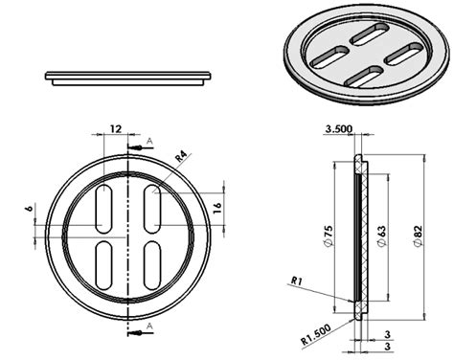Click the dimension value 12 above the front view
click(115, 128)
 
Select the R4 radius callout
click(181, 154)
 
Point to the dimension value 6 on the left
click(29, 207)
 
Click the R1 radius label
click(297, 281)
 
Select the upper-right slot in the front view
click(151, 206)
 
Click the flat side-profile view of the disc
click(128, 77)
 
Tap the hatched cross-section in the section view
click(359, 235)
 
